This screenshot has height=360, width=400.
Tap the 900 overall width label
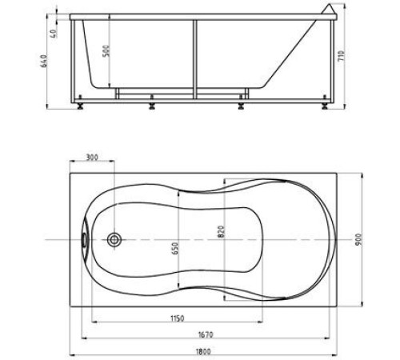tap(370, 238)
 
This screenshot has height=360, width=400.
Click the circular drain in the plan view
tap(115, 239)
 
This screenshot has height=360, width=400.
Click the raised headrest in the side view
tap(328, 12)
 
